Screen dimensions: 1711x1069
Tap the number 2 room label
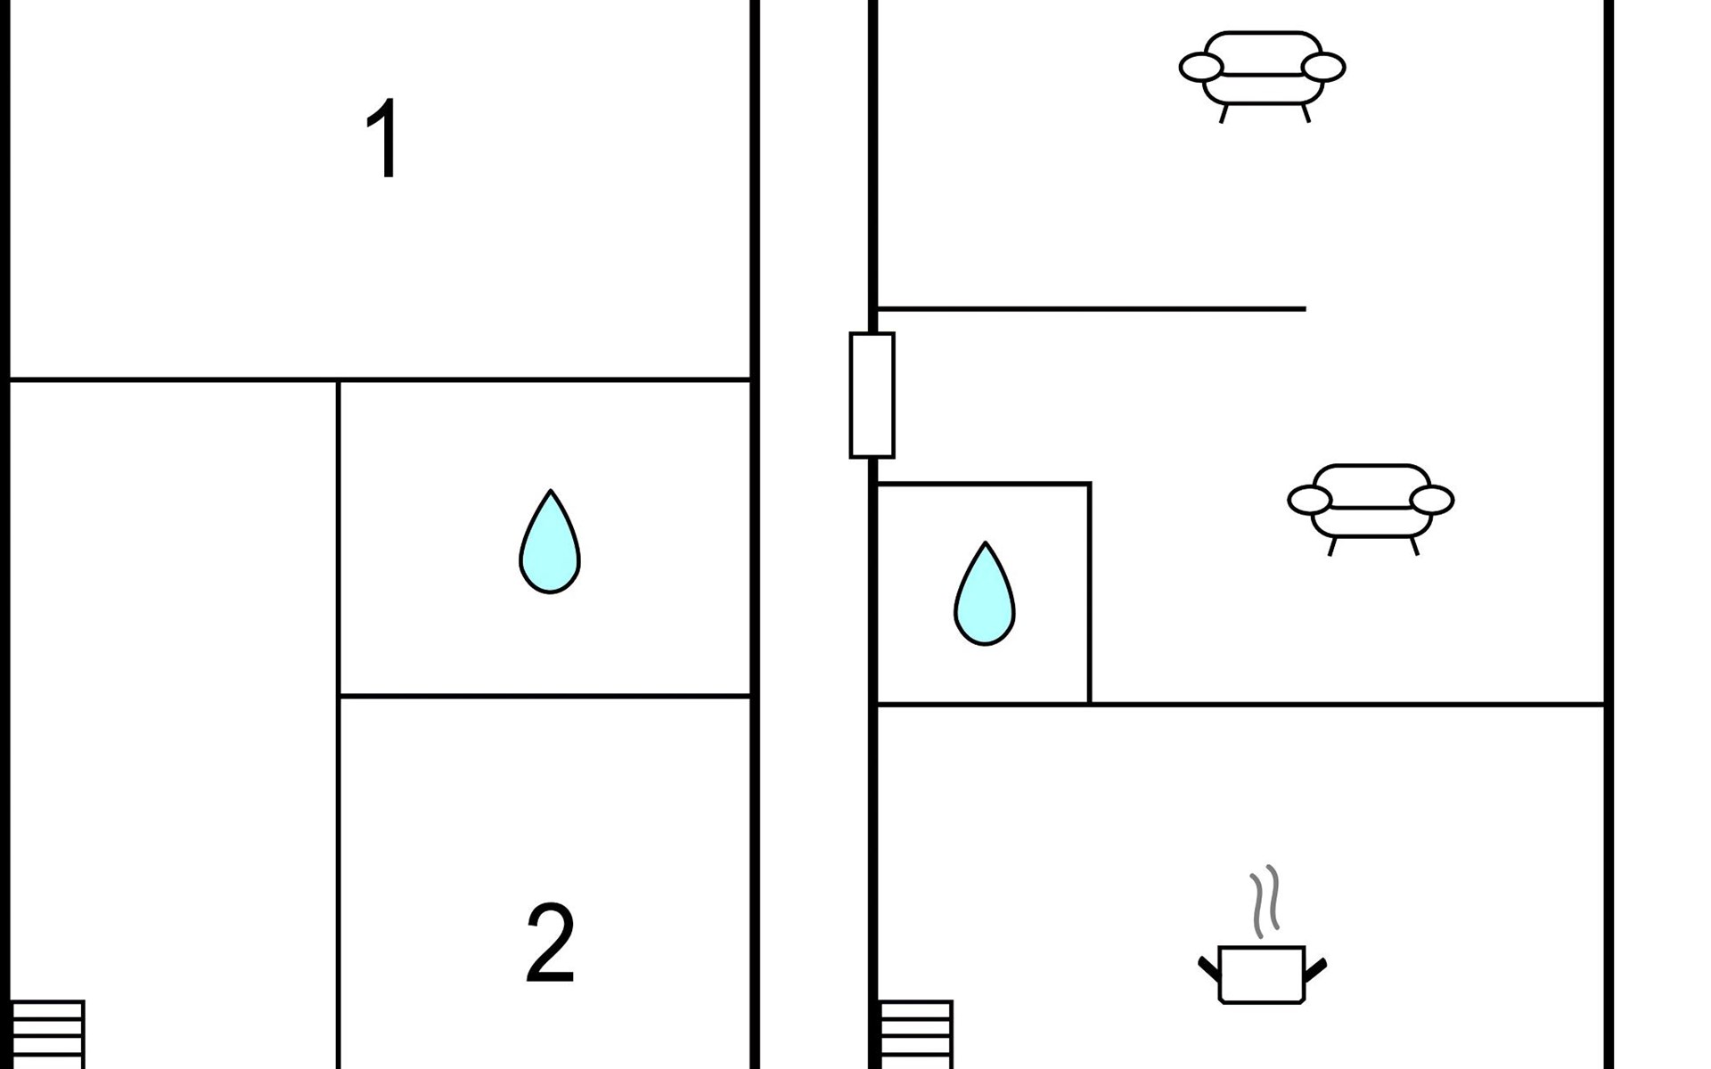point(550,943)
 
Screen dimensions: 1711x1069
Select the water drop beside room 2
point(550,542)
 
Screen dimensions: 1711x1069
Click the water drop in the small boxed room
point(985,593)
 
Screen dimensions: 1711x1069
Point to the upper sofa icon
point(1263,77)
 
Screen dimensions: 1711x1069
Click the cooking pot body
point(1262,975)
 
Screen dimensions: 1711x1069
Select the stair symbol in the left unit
point(46,1034)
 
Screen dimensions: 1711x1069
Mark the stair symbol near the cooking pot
point(916,1034)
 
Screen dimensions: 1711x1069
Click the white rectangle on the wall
point(872,396)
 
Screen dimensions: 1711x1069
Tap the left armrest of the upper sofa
point(1201,67)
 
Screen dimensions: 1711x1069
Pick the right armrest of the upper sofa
point(1323,67)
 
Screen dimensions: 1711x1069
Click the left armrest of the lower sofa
point(1310,500)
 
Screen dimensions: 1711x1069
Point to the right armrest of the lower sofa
point(1432,500)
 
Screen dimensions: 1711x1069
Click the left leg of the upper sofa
point(1224,113)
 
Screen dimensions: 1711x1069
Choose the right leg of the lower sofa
point(1413,546)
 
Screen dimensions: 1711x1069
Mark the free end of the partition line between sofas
point(1306,309)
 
